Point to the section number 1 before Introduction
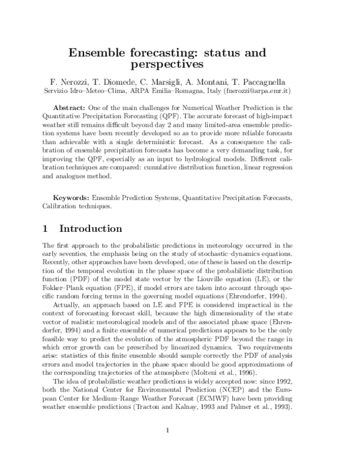pos(46,229)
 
